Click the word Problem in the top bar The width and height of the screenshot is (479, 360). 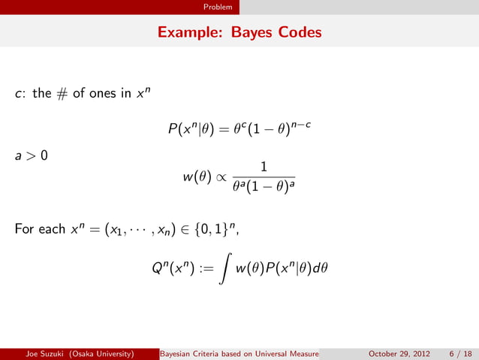tap(221, 7)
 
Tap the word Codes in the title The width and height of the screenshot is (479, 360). tap(299, 33)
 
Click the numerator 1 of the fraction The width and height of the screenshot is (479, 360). tap(266, 167)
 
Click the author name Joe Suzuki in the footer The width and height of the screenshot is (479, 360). tap(43, 354)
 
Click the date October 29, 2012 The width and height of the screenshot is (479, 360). tap(397, 354)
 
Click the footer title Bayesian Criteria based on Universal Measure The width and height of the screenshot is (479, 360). tap(240, 354)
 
